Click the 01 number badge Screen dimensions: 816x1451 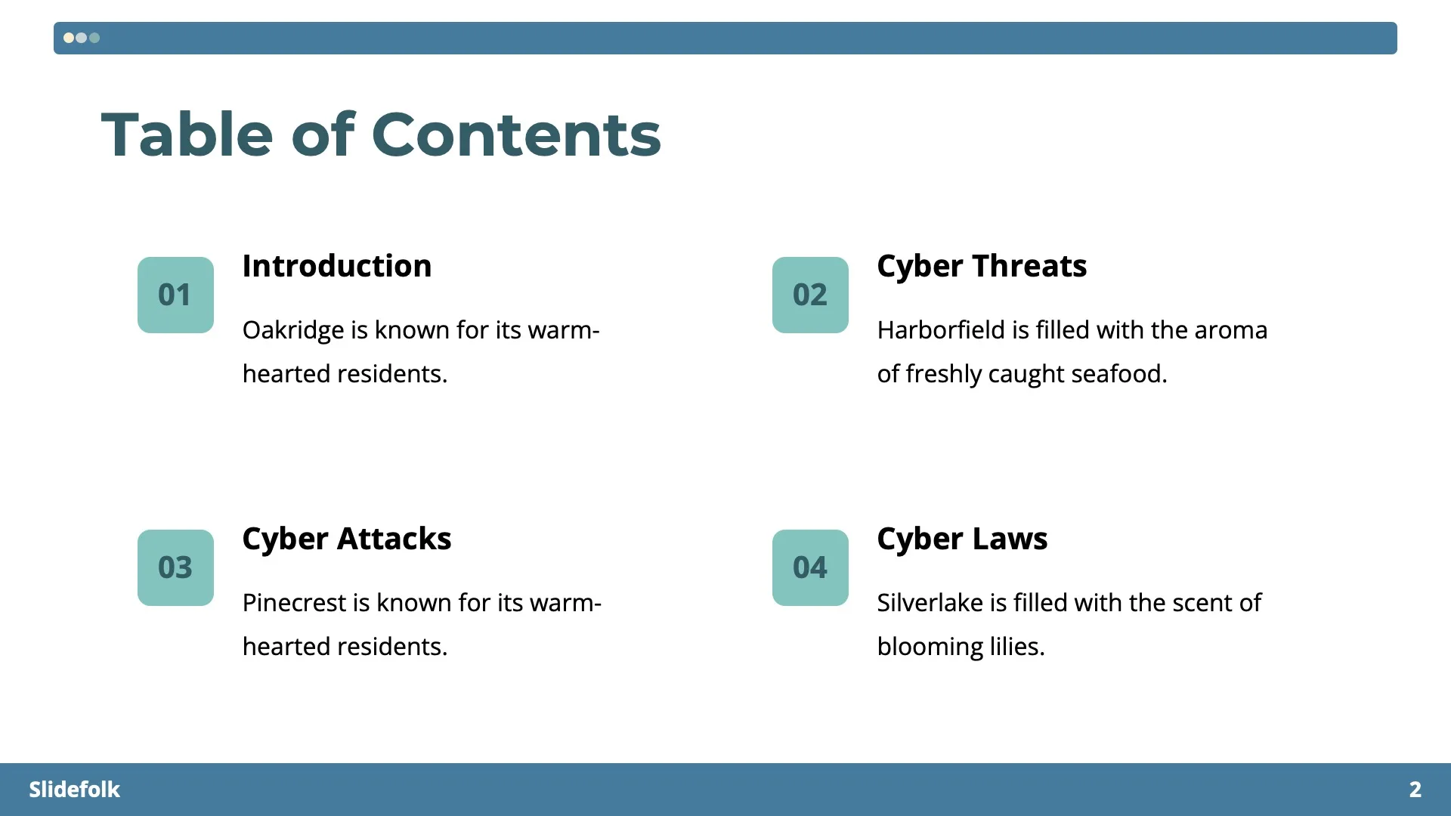coord(175,295)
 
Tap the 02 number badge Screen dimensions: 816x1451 coord(810,295)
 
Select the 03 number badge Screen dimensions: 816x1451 coord(175,567)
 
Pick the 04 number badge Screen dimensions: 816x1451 coord(810,567)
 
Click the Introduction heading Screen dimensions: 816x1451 coord(336,266)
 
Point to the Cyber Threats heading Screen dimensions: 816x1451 coord(982,266)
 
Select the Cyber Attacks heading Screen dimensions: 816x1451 coord(346,539)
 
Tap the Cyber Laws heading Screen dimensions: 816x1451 coord(962,539)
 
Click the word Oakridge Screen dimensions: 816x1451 coord(293,330)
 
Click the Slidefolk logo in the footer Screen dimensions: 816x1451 coord(74,790)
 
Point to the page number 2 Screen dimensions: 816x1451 coord(1415,790)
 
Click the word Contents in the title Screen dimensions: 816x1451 coord(516,134)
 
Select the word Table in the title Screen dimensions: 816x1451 coord(187,134)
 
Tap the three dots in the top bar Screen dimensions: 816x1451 coord(82,38)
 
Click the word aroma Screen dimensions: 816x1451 coord(1232,330)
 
